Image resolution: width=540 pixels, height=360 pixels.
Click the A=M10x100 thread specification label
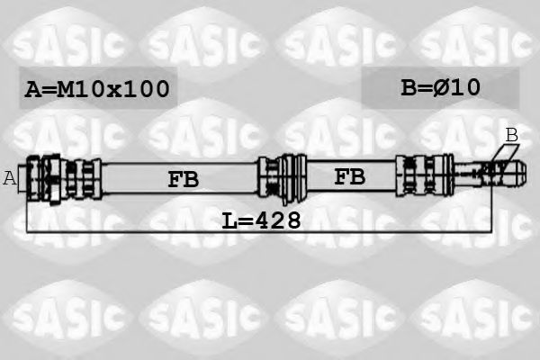click(x=97, y=89)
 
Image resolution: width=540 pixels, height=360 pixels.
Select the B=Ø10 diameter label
click(x=440, y=87)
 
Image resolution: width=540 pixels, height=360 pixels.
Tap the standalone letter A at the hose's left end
click(x=10, y=178)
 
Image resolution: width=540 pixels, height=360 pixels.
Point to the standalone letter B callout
click(x=511, y=135)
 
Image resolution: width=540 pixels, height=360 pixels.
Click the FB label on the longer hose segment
click(x=183, y=179)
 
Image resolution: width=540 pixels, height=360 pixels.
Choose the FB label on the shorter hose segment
click(x=350, y=176)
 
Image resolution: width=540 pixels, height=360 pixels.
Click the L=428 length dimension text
click(x=261, y=220)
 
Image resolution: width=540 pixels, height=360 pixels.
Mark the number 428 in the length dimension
click(x=276, y=220)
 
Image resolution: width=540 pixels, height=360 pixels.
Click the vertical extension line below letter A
click(x=27, y=211)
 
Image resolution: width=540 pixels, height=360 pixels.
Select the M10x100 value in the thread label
click(x=112, y=89)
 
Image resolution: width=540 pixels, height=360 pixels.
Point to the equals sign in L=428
click(x=244, y=220)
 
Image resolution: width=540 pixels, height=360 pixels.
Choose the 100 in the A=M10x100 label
click(x=149, y=89)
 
